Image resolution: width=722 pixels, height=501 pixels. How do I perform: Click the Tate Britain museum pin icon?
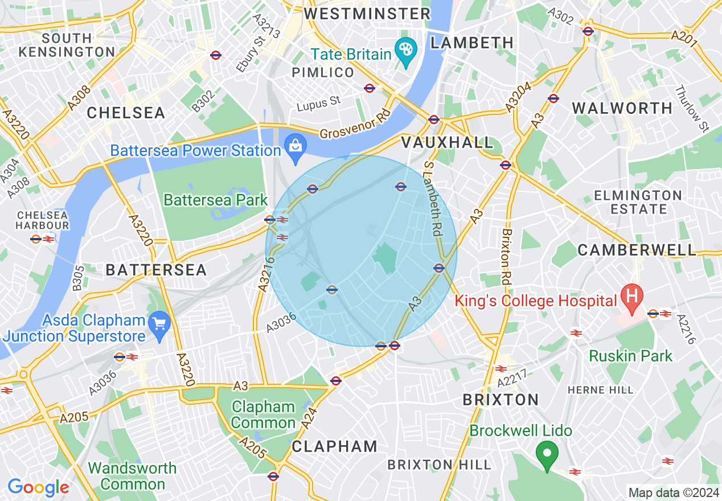pyautogui.click(x=406, y=50)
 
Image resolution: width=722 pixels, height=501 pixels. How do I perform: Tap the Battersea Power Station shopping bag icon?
pyautogui.click(x=296, y=147)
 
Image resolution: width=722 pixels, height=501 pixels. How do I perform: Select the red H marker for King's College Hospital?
pyautogui.click(x=631, y=297)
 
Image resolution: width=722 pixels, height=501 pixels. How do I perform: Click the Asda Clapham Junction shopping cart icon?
pyautogui.click(x=159, y=325)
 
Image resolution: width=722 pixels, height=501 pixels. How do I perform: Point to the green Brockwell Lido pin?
pyautogui.click(x=547, y=455)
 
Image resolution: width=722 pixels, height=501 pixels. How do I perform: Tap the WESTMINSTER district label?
pyautogui.click(x=367, y=14)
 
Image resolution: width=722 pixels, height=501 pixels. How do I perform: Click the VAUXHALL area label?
pyautogui.click(x=447, y=142)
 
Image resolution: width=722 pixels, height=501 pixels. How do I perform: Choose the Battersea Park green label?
pyautogui.click(x=215, y=200)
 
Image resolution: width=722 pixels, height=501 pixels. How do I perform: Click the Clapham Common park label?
pyautogui.click(x=263, y=415)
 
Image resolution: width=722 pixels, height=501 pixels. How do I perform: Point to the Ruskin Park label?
pyautogui.click(x=630, y=356)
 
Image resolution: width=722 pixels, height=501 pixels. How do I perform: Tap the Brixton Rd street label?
pyautogui.click(x=506, y=257)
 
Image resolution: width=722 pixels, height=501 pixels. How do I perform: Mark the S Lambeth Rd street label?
pyautogui.click(x=433, y=198)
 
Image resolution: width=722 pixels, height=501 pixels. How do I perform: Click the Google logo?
pyautogui.click(x=38, y=487)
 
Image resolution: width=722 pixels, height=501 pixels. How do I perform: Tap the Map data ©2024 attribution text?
pyautogui.click(x=673, y=493)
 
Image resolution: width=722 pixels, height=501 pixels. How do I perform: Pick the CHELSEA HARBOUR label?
pyautogui.click(x=43, y=220)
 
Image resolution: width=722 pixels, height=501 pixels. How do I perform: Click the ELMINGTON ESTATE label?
pyautogui.click(x=638, y=202)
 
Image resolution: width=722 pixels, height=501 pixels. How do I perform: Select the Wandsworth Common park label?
pyautogui.click(x=132, y=477)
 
